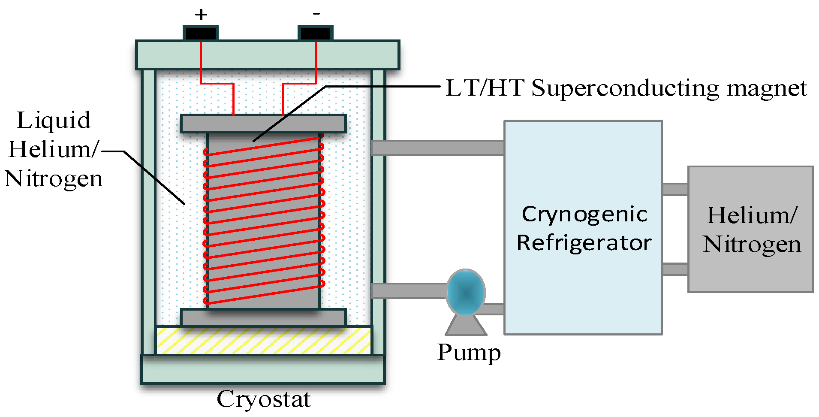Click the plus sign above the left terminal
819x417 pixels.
201,15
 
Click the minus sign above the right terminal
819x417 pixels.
316,14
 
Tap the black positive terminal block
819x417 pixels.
201,33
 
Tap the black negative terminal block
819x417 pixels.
316,33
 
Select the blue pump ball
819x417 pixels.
466,293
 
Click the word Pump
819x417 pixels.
469,353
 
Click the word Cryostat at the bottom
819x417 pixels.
263,399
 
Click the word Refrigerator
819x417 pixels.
584,243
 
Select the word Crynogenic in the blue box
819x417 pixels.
584,214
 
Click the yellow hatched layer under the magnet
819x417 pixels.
263,341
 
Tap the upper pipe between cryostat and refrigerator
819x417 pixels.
437,148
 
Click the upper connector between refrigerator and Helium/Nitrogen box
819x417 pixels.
675,189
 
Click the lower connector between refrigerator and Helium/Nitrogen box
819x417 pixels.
675,269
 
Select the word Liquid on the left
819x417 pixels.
54,121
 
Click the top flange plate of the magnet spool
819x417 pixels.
263,124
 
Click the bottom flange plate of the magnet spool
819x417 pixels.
263,317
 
